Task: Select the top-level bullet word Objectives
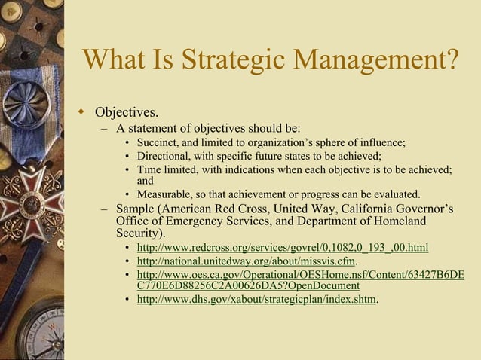coord(126,113)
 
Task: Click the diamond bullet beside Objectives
coord(84,113)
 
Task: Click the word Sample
coord(136,208)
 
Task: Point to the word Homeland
coord(392,221)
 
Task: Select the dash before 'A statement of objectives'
coord(105,127)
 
